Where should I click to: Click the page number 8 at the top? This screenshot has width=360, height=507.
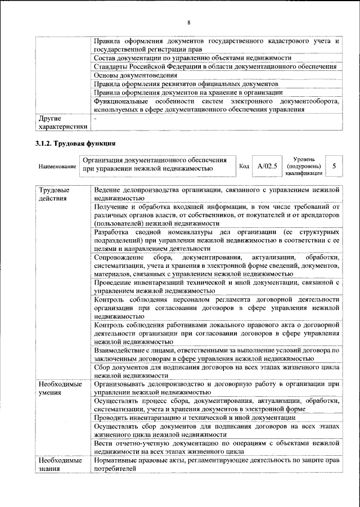(x=189, y=22)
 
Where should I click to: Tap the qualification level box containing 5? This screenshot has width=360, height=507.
(x=335, y=167)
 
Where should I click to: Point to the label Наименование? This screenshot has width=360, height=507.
(x=57, y=167)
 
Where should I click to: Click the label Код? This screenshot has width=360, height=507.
(x=244, y=167)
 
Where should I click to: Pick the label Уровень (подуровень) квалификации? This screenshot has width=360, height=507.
(x=304, y=167)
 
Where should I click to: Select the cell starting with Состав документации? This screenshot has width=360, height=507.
(x=192, y=58)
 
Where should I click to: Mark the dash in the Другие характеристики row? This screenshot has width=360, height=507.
(x=96, y=119)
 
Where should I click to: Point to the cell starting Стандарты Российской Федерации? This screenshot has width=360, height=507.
(x=215, y=66)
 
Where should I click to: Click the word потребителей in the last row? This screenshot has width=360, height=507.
(x=115, y=468)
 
